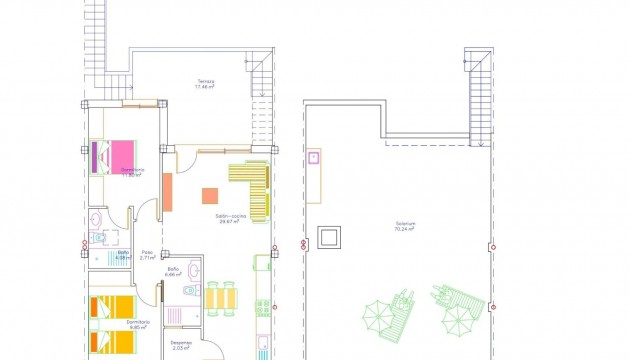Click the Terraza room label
click(x=206, y=81)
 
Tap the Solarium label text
click(x=405, y=223)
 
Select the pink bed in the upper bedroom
click(x=123, y=156)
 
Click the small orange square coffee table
click(x=210, y=196)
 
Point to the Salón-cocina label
click(x=231, y=216)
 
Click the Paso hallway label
click(x=146, y=252)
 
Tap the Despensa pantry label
click(x=181, y=343)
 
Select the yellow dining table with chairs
click(x=220, y=298)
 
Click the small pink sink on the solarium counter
click(x=314, y=156)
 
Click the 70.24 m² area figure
click(x=405, y=229)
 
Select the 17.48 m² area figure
click(x=206, y=87)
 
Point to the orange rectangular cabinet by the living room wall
click(x=167, y=192)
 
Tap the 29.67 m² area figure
click(x=231, y=222)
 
